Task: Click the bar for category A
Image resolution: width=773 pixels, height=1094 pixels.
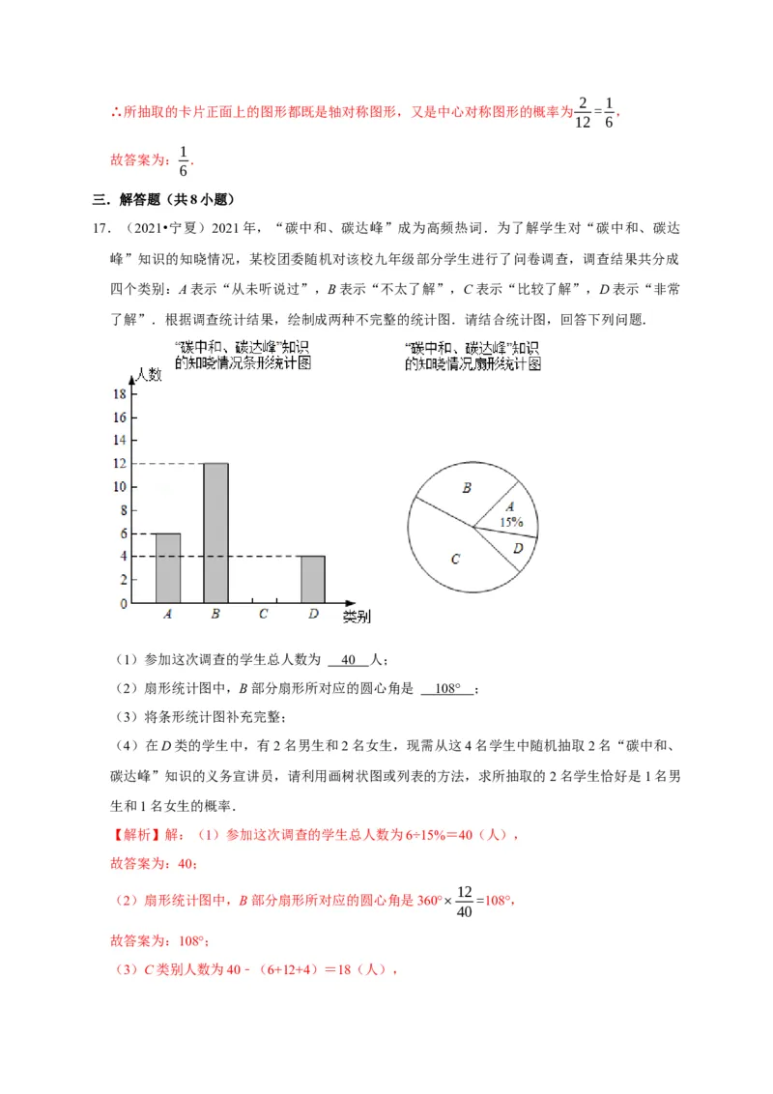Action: point(168,568)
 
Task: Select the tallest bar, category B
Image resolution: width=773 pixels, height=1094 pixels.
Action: point(215,533)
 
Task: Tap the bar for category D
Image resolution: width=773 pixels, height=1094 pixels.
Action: point(312,579)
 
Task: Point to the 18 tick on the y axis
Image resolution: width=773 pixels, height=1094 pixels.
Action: point(121,394)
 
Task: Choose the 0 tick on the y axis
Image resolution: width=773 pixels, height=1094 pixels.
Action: point(123,604)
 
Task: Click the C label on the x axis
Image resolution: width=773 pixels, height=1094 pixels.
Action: point(264,614)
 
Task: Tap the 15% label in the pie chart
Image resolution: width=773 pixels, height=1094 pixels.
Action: point(511,522)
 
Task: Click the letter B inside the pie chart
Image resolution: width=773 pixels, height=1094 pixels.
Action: point(466,489)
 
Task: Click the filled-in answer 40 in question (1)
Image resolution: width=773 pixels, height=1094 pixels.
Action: point(349,660)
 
